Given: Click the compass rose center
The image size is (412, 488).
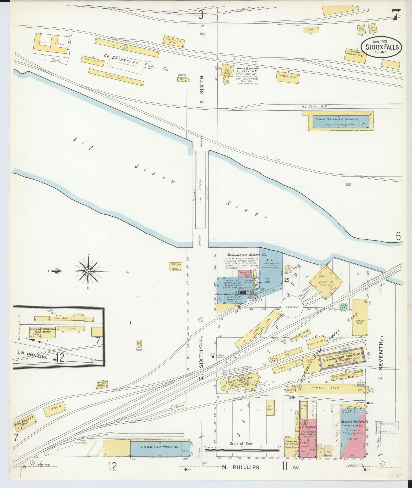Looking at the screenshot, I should (x=88, y=271).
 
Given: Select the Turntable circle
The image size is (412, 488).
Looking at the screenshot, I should (x=292, y=307).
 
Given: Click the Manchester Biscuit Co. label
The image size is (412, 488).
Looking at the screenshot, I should (x=245, y=254).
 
